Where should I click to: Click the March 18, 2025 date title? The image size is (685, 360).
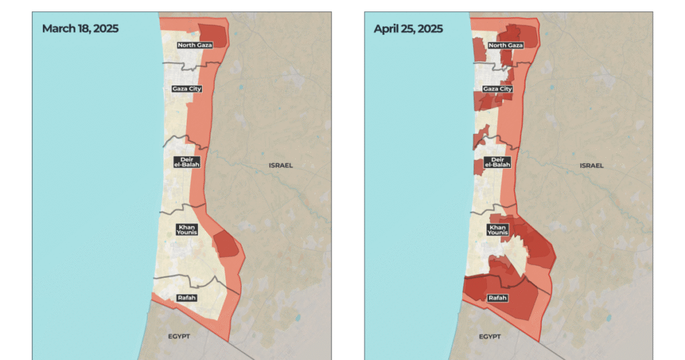point(80,29)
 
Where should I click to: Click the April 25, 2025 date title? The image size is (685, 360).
point(408,29)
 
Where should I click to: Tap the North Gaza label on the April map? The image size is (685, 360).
point(506,46)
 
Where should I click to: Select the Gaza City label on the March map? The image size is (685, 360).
point(187,88)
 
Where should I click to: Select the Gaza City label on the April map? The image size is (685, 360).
point(498,88)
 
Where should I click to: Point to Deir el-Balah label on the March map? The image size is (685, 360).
point(187,162)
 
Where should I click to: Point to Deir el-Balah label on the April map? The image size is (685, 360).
point(497,162)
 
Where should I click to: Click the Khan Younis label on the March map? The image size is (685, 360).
point(187,230)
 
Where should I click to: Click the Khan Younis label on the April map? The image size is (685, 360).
point(497,230)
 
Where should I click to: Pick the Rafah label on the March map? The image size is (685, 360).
point(187,297)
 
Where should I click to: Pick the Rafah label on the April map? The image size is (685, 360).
point(498,298)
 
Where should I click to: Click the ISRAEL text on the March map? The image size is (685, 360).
point(281,165)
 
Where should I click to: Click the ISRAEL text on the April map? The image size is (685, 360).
point(591,165)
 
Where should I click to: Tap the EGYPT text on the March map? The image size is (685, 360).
point(180,336)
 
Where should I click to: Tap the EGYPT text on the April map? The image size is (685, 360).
point(491,336)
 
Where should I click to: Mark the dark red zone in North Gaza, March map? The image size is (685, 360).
point(213,33)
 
